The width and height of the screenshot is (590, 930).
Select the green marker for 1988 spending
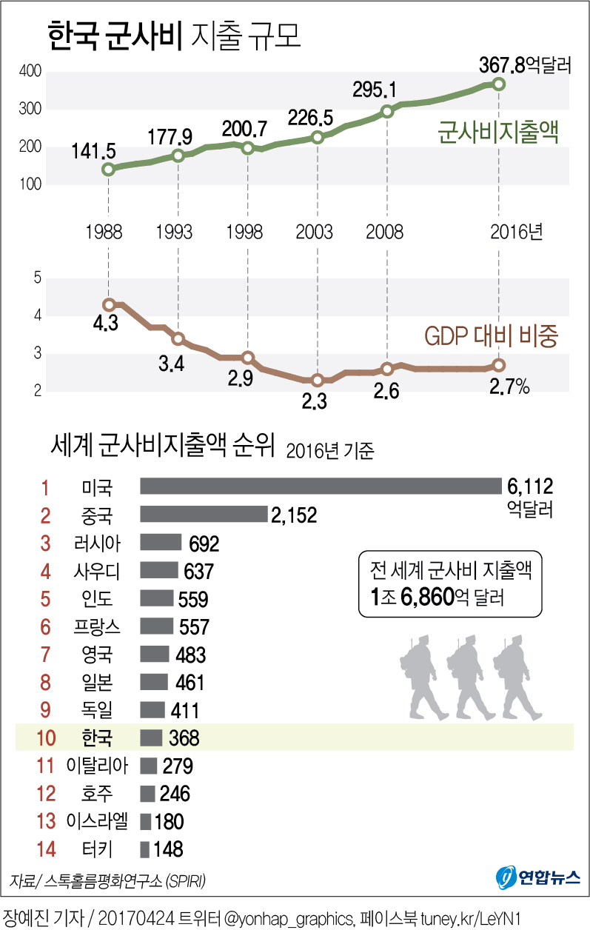point(109,169)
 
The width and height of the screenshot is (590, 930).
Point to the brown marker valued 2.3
point(318,380)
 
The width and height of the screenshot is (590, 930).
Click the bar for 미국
point(321,486)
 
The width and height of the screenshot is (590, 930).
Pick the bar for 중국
point(204,514)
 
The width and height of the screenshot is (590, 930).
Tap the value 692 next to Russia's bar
point(204,544)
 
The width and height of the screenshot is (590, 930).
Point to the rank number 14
point(46,849)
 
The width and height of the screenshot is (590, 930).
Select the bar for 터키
point(145,849)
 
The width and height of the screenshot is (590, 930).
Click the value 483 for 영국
point(190,655)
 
